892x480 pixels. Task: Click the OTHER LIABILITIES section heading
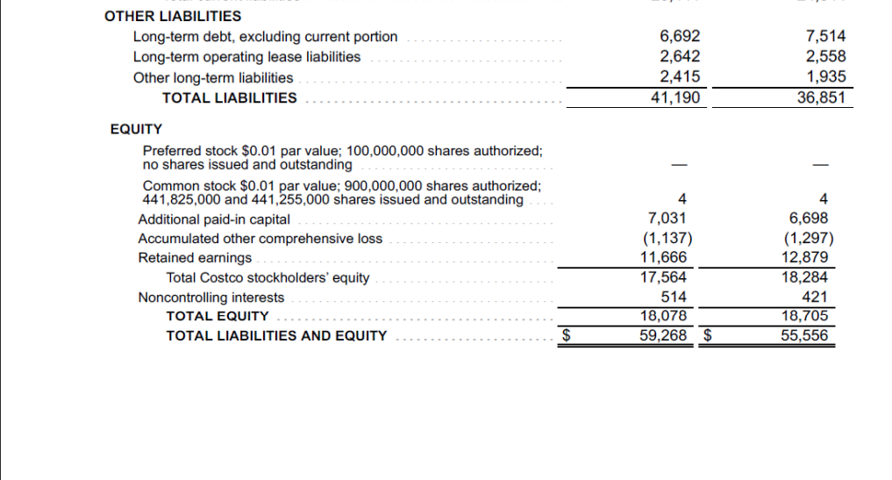173,16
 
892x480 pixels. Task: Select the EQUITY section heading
136,129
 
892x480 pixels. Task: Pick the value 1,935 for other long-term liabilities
826,77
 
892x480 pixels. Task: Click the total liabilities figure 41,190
675,97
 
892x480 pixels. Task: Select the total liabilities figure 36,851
822,97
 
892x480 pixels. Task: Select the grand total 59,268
664,334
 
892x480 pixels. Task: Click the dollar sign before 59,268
567,334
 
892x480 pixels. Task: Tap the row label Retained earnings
195,258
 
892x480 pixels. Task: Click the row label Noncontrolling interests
211,297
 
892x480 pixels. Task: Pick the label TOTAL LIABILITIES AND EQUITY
276,335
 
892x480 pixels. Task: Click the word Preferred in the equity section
169,151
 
